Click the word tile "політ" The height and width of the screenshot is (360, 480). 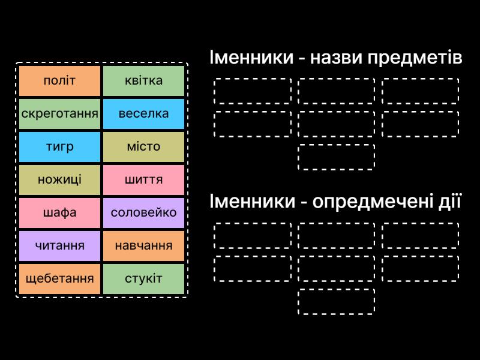pyautogui.click(x=59, y=81)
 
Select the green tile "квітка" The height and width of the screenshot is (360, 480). pyautogui.click(x=143, y=81)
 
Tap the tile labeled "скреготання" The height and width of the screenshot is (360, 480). pyautogui.click(x=59, y=114)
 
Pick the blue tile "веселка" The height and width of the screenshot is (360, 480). pyautogui.click(x=143, y=114)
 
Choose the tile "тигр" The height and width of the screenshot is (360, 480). pyautogui.click(x=59, y=147)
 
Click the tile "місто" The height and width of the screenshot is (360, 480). pyautogui.click(x=143, y=147)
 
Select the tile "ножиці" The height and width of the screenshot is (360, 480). pyautogui.click(x=59, y=180)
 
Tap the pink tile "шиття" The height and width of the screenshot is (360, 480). pyautogui.click(x=143, y=180)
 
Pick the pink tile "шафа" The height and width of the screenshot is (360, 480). pyautogui.click(x=59, y=213)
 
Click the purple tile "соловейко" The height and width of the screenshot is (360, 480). pyautogui.click(x=143, y=213)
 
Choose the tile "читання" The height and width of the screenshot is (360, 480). pyautogui.click(x=59, y=245)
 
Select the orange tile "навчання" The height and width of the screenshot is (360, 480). pyautogui.click(x=143, y=245)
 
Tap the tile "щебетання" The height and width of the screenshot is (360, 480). pyautogui.click(x=59, y=278)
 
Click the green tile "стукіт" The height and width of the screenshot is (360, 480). pyautogui.click(x=143, y=278)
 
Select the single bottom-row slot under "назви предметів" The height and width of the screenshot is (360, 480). pyautogui.click(x=336, y=157)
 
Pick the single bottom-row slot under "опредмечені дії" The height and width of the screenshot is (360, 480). pyautogui.click(x=336, y=301)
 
